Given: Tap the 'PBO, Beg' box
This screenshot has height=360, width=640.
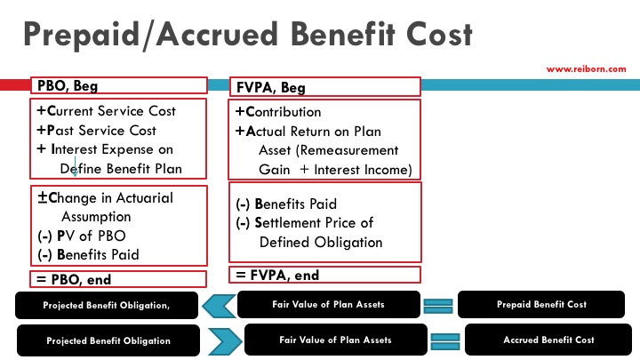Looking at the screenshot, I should pos(118,86).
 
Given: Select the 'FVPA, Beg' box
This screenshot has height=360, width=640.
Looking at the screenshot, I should pos(324,87).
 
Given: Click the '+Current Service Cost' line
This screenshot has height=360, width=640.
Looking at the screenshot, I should pos(107,111).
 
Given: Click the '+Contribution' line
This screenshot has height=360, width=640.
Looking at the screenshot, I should pos(278,112).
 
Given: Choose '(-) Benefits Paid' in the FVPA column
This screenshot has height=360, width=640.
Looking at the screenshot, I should pos(286,204).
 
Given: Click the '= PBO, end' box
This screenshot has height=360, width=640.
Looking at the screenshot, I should pos(118,279).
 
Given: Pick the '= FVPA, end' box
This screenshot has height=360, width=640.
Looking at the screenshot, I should pos(324,276).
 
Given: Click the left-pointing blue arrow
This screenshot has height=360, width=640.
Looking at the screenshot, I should pos(220,305).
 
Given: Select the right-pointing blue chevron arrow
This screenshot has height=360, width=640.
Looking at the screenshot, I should pos(223,340).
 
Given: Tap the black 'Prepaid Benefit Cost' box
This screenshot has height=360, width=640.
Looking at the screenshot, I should pos(541,305).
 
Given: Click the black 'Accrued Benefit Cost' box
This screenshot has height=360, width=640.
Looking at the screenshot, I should pos(548,340).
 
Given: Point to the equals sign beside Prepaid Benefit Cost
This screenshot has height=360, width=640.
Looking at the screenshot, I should pos(439,305).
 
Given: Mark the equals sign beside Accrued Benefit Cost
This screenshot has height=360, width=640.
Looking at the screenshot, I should pos(445,340).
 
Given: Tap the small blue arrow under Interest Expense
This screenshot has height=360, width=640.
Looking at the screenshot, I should pos(76,163).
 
